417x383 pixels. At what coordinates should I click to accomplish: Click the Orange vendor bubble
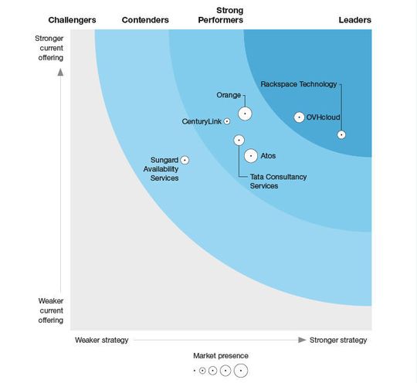point(245,114)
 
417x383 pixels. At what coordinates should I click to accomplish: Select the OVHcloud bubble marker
point(300,117)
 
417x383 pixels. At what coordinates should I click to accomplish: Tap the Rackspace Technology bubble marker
point(341,134)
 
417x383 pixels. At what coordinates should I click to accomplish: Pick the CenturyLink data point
point(226,121)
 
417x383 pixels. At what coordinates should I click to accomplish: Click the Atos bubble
point(251,156)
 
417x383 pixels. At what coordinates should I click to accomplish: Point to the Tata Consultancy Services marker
point(239,140)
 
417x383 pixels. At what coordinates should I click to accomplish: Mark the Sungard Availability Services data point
point(185,160)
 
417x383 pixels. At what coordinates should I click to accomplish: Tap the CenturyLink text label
point(201,121)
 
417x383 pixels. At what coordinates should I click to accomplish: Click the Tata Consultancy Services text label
point(278,181)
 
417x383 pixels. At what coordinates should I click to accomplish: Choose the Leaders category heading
point(355,20)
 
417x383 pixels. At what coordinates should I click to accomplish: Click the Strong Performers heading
point(222,15)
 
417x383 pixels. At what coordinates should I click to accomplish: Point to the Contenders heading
point(145,20)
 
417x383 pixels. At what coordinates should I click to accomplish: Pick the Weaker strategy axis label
point(101,340)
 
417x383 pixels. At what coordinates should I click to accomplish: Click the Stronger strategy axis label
point(338,340)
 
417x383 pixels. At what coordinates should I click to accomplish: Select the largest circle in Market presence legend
point(240,371)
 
